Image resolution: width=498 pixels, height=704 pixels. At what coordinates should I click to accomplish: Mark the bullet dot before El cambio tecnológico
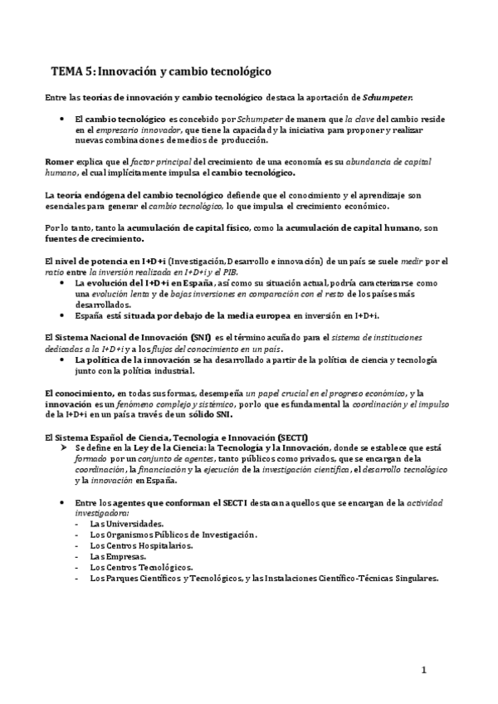(63, 120)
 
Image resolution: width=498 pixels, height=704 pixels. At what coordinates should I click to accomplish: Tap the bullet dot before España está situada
(63, 315)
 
